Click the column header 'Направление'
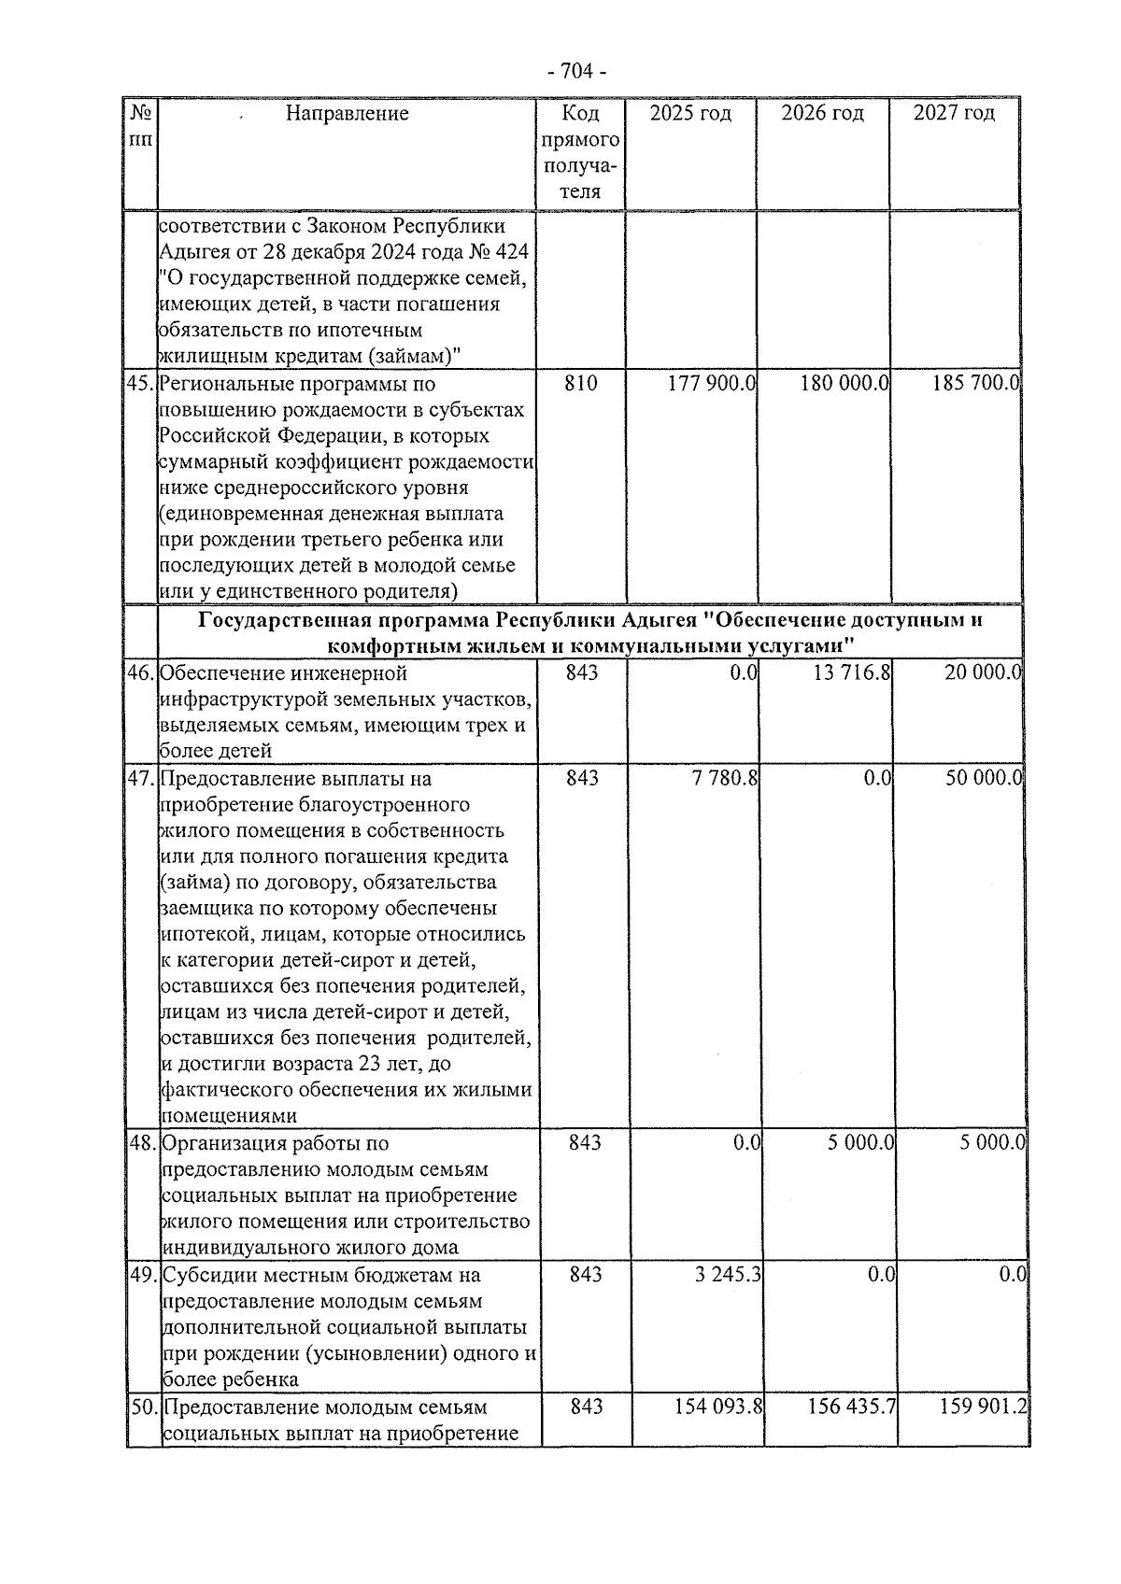(x=347, y=114)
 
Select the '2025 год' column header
(x=690, y=114)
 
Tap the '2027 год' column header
(x=954, y=114)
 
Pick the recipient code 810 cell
(x=581, y=383)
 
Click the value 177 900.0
(x=711, y=383)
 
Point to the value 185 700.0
(x=974, y=383)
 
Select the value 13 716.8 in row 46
(x=850, y=672)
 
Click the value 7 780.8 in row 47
(x=725, y=778)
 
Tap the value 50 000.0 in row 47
(x=983, y=778)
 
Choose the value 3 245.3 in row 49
(x=729, y=1275)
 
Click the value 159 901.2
(x=984, y=1407)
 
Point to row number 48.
(x=141, y=1143)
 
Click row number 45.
(x=139, y=383)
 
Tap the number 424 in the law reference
(x=511, y=252)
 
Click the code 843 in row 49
(x=586, y=1275)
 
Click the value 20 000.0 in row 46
(x=983, y=672)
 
